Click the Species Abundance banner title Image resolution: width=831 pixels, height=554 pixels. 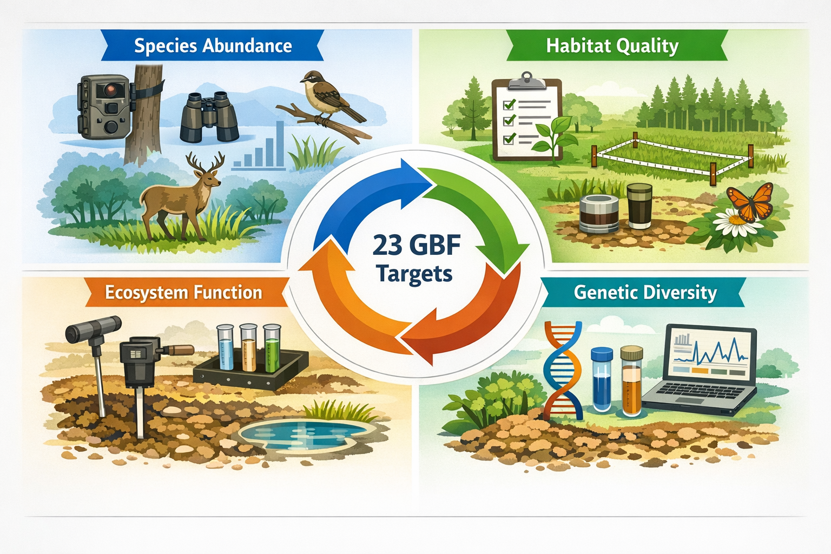click(213, 46)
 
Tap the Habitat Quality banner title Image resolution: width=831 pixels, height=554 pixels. click(612, 46)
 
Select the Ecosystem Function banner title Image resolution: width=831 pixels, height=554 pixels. click(183, 293)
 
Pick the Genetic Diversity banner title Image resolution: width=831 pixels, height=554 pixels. click(645, 293)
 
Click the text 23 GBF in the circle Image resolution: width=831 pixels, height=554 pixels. click(416, 246)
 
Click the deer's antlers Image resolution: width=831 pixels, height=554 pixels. click(206, 161)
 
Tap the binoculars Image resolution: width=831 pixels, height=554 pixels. click(209, 116)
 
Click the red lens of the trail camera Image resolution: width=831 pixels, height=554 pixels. click(111, 88)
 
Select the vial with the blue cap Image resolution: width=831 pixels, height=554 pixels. click(602, 379)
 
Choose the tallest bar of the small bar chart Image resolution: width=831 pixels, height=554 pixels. click(280, 144)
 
